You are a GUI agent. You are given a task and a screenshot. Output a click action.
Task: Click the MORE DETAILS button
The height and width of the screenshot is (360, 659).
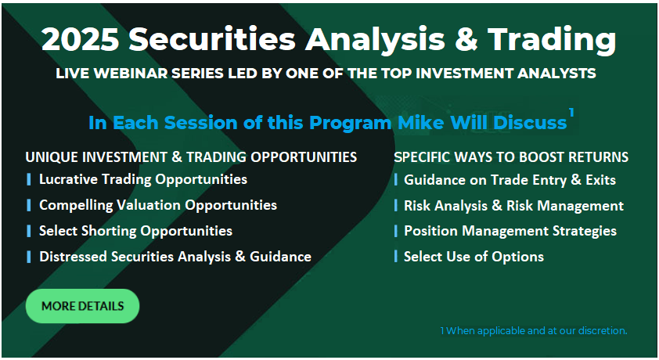(82, 306)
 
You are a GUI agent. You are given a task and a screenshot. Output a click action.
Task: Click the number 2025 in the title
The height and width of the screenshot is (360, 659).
(81, 39)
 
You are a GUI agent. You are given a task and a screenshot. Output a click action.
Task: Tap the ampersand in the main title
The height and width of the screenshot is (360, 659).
(466, 39)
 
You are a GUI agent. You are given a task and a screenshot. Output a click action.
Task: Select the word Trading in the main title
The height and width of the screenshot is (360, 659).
(552, 41)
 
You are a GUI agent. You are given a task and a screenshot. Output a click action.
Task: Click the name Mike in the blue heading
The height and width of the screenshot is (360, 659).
(421, 123)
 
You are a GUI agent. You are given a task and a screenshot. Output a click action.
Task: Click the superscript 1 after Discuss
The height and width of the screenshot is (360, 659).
(571, 113)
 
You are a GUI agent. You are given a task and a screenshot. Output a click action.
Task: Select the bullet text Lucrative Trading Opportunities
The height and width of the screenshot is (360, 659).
(143, 179)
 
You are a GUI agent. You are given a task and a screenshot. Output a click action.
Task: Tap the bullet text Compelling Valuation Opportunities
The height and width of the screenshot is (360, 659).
(158, 205)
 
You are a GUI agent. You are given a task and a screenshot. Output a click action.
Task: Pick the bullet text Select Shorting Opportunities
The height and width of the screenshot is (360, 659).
(135, 231)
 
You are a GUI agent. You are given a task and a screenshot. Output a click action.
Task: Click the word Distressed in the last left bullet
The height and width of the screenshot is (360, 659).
(73, 256)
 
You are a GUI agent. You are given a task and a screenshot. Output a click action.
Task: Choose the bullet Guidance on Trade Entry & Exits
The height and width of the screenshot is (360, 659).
(510, 180)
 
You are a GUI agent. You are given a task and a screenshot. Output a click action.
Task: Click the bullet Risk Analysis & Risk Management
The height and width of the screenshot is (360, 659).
(513, 205)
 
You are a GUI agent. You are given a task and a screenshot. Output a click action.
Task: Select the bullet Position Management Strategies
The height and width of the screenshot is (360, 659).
(510, 231)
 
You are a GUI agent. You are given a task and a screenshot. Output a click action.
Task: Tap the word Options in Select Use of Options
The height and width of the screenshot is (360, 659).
(518, 257)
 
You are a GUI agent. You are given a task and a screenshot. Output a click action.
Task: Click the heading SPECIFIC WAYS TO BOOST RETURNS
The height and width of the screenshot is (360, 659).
(511, 157)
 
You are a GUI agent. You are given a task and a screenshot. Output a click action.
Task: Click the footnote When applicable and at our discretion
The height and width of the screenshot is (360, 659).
(537, 330)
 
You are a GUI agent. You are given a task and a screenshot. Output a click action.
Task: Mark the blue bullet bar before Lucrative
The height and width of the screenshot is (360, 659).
(29, 179)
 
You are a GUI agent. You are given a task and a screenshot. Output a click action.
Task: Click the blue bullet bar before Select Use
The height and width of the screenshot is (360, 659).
(396, 256)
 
